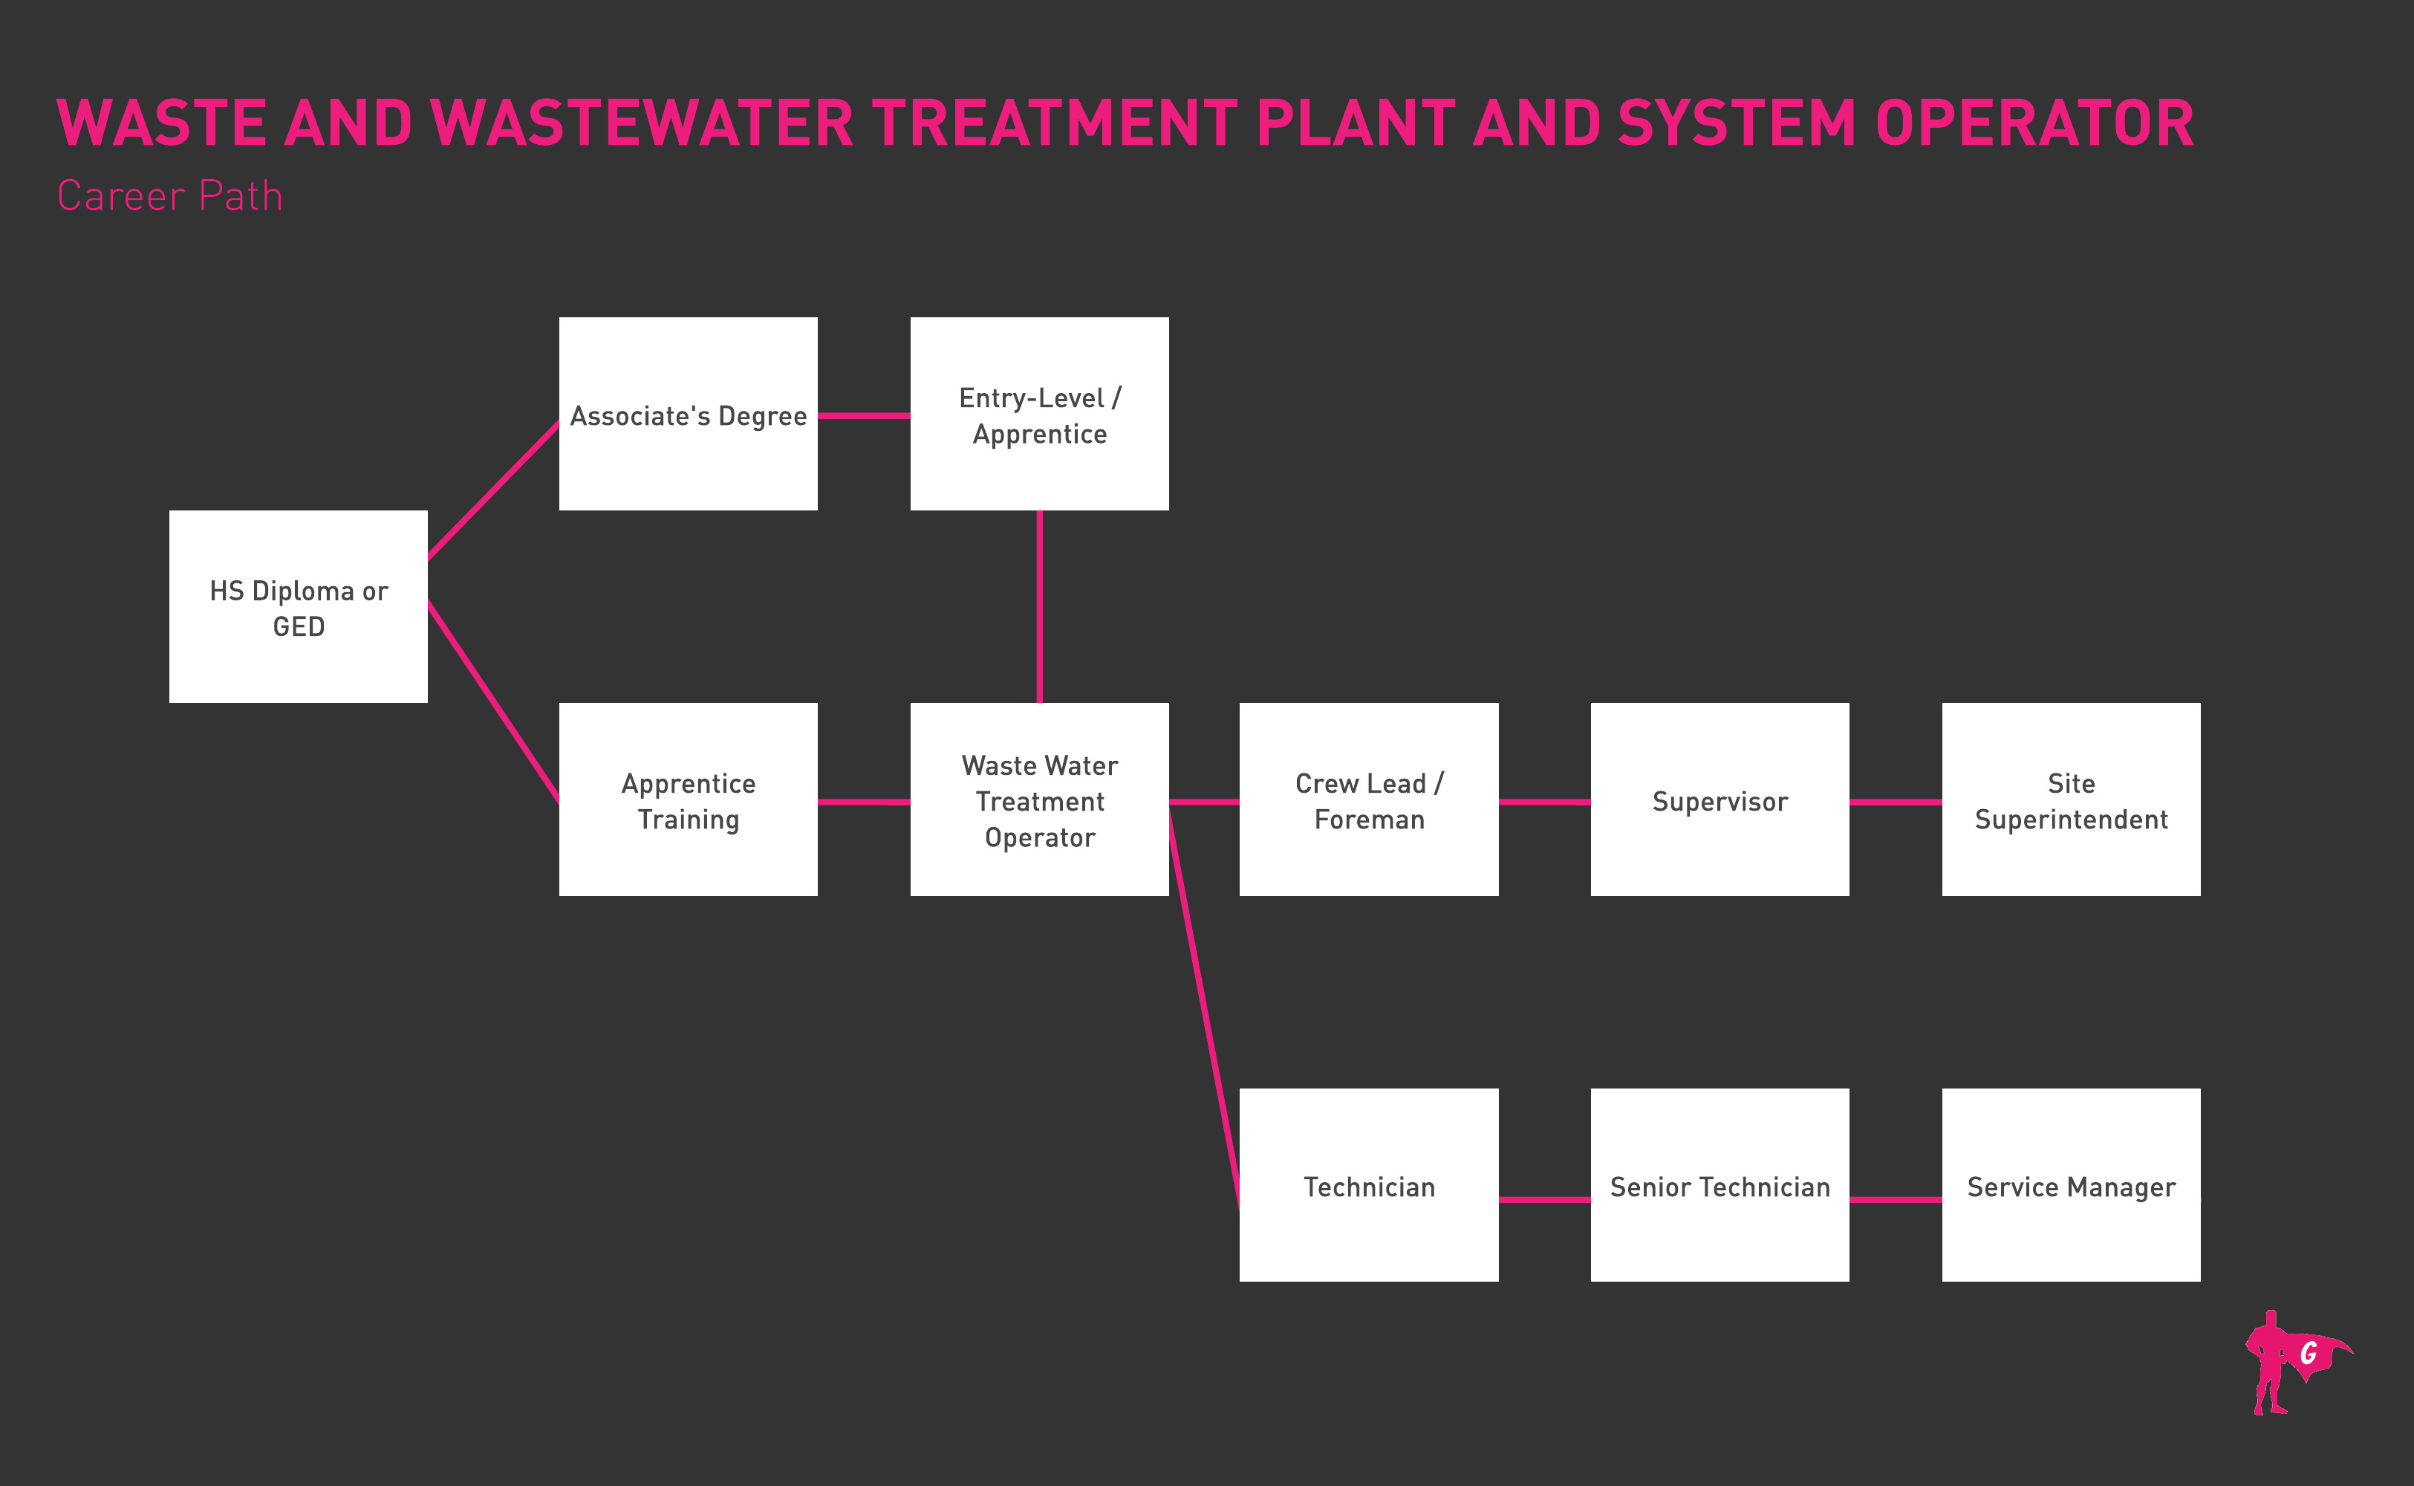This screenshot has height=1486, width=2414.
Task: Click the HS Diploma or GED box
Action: point(298,606)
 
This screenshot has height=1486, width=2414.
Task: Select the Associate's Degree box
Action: point(688,414)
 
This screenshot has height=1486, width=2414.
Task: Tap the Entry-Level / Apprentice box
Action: point(1039,414)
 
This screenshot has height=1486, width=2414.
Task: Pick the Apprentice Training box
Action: point(688,799)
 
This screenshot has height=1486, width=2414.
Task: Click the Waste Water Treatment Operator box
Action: point(1039,799)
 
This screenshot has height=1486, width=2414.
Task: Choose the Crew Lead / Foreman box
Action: point(1369,799)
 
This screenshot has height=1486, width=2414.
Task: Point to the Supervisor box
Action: point(1720,799)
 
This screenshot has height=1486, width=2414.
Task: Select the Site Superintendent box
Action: point(2071,799)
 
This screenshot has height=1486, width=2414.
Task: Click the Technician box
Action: point(1369,1184)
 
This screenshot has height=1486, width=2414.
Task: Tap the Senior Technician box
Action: point(1720,1184)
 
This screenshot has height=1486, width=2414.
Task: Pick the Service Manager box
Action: point(2071,1184)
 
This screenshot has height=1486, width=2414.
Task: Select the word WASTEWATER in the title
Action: point(642,124)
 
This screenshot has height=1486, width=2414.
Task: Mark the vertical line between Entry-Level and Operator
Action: point(1039,606)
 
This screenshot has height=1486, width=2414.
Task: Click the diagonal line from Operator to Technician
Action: point(1203,1002)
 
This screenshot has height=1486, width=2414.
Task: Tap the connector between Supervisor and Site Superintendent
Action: point(1896,802)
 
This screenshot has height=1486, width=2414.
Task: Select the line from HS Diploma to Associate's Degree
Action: point(493,490)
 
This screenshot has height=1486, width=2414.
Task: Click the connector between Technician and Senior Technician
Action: point(1544,1199)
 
